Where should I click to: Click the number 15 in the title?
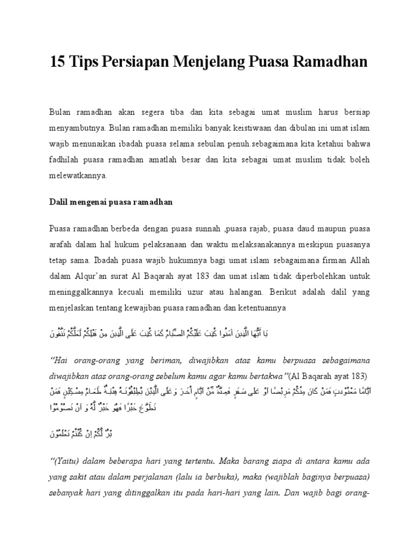pyautogui.click(x=58, y=62)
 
